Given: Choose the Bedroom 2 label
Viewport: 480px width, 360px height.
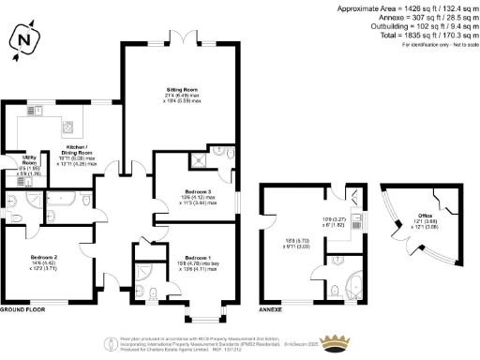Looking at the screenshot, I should tap(44, 257).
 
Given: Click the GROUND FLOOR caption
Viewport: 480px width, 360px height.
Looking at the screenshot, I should tap(23, 308).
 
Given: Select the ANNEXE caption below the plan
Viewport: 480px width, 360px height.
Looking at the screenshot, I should tap(271, 308).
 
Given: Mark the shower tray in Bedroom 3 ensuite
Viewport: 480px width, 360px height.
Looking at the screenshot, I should tap(219, 151).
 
